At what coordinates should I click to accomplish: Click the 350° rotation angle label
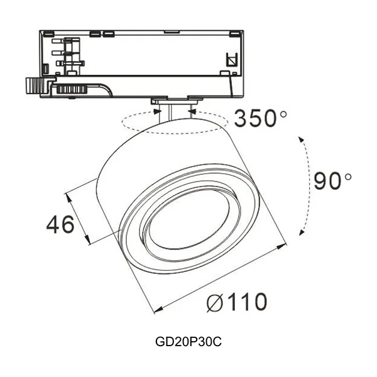tap(259, 118)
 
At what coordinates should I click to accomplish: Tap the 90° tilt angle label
tap(332, 182)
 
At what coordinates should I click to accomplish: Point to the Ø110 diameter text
tap(236, 303)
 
